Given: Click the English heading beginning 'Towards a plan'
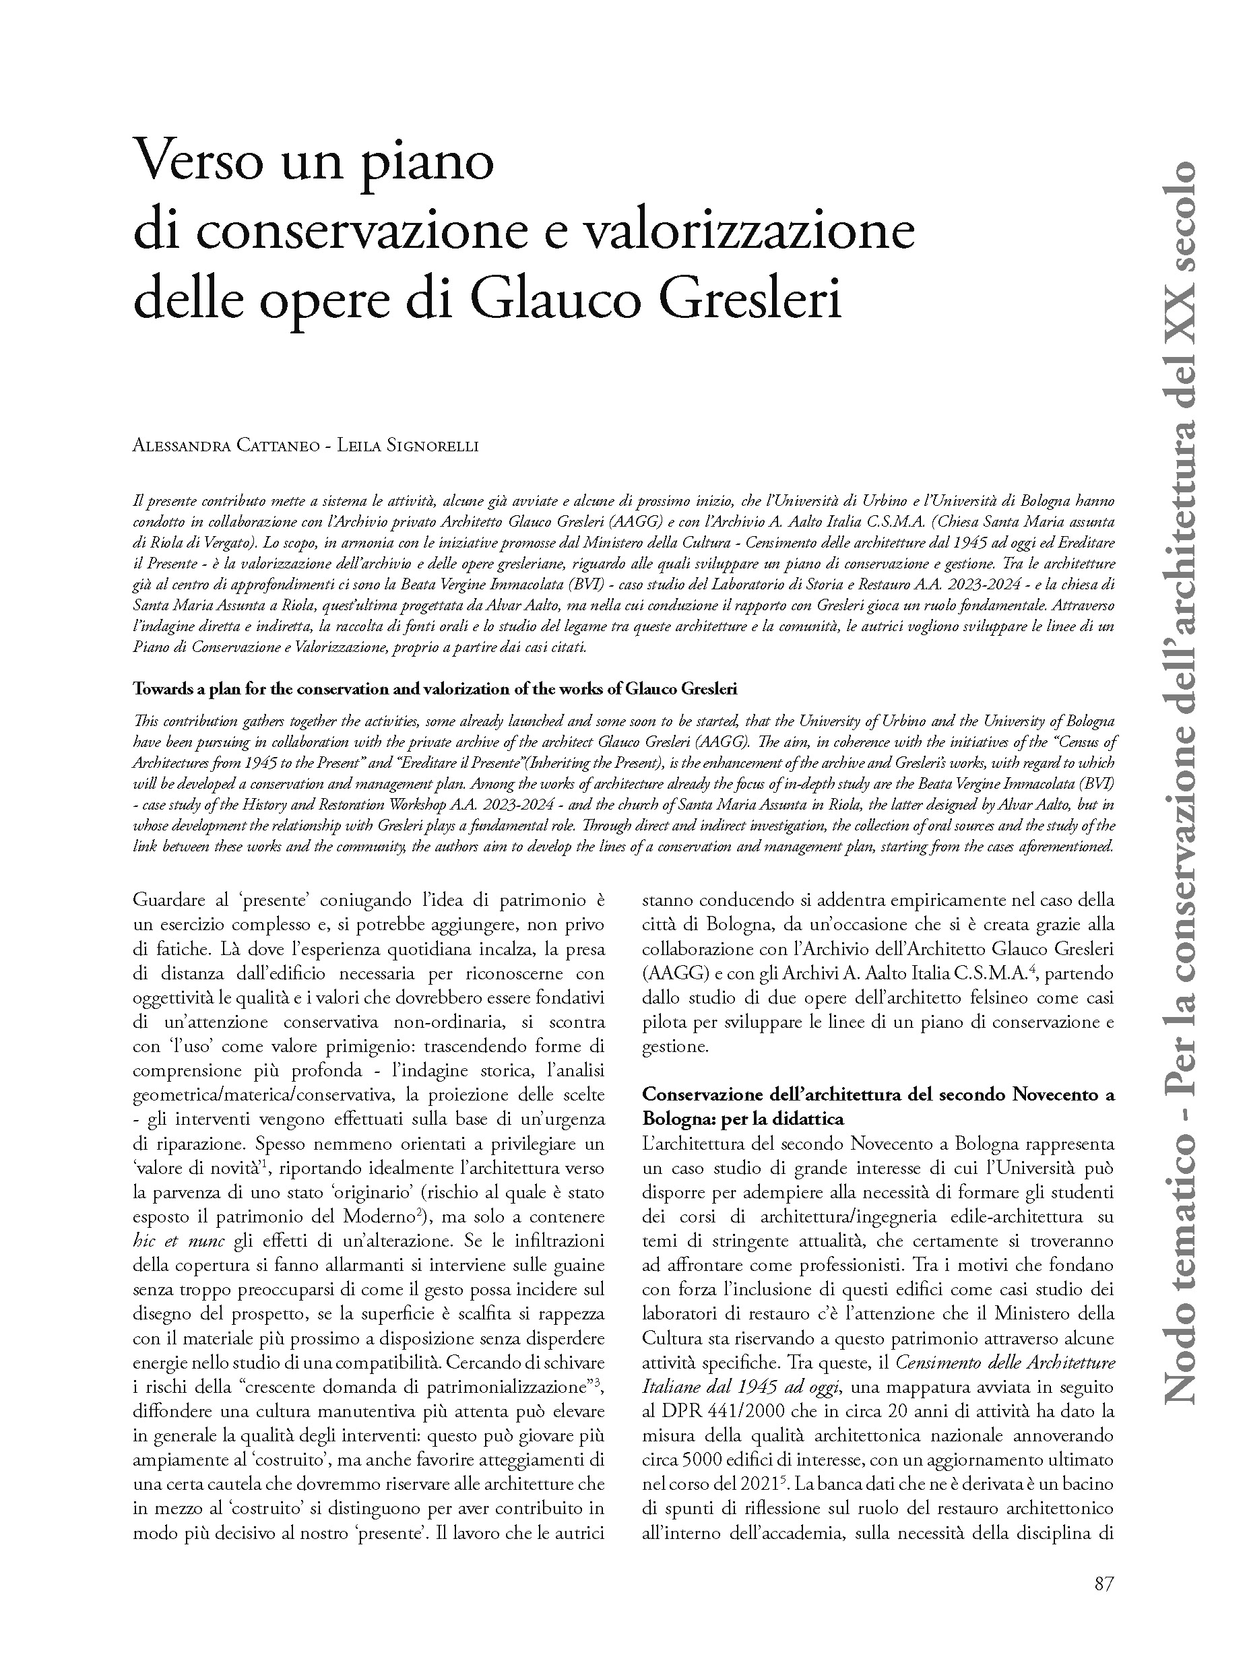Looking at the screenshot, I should coord(435,688).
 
